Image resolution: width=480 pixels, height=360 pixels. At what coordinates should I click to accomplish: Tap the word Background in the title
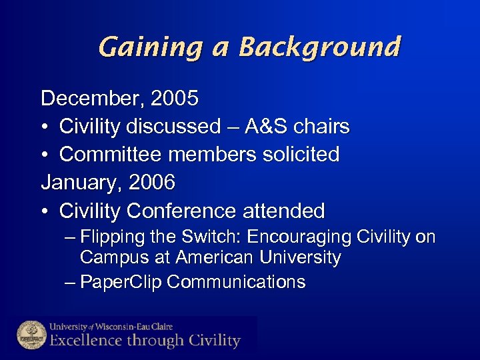(320, 47)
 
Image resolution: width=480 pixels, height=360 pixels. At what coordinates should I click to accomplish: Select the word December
(92, 99)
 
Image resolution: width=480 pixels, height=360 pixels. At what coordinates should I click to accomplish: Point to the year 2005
(175, 99)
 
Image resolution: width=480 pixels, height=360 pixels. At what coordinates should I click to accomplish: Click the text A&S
(265, 127)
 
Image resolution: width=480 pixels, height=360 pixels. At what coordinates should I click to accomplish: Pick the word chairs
(323, 127)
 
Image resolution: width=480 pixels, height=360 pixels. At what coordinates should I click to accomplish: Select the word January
(82, 183)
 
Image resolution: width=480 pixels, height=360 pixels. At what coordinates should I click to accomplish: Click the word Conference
(181, 211)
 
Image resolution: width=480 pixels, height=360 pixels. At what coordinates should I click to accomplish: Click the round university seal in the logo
(31, 334)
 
